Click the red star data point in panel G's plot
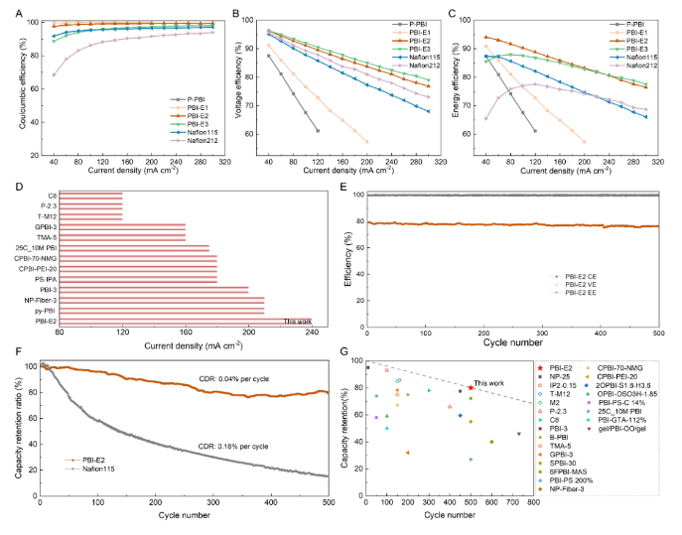click(x=470, y=387)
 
